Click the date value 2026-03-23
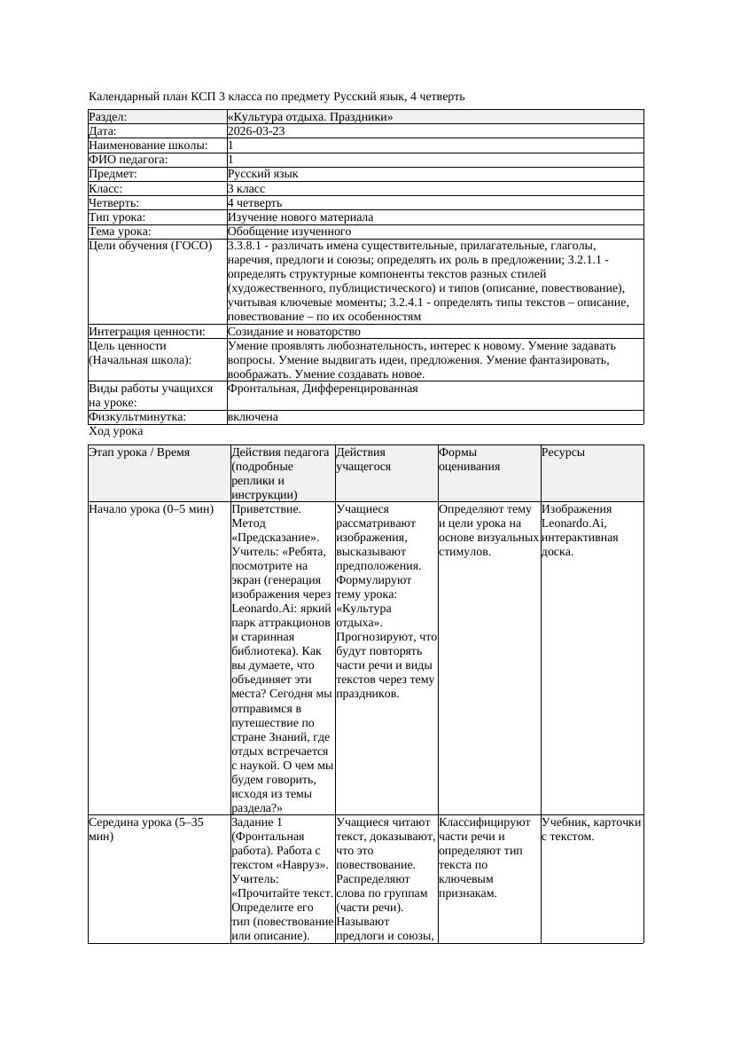pyautogui.click(x=256, y=131)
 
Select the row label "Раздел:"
pyautogui.click(x=108, y=117)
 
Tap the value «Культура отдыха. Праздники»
pyautogui.click(x=310, y=117)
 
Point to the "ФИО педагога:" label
pyautogui.click(x=129, y=160)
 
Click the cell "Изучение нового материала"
pyautogui.click(x=300, y=217)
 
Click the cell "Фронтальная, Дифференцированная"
pyautogui.click(x=323, y=389)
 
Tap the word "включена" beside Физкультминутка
pyautogui.click(x=253, y=417)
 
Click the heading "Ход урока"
pyautogui.click(x=116, y=431)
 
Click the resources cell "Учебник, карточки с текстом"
pyautogui.click(x=590, y=829)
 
